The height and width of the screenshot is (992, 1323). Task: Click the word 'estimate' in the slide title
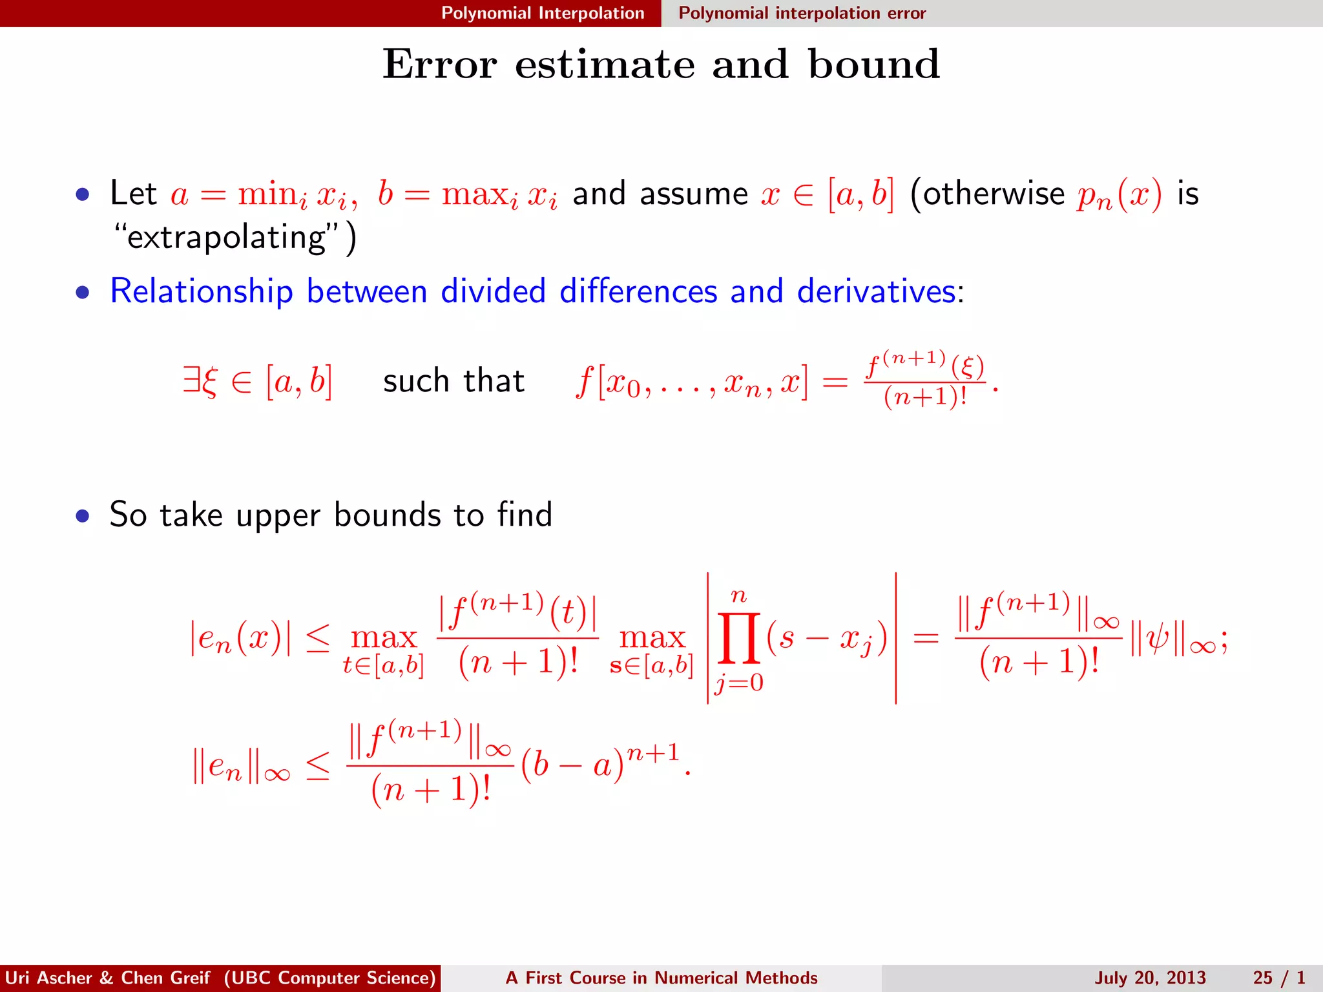(605, 65)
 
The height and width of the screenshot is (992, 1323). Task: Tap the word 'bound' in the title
(874, 65)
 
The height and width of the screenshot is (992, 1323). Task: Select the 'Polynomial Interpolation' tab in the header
(543, 13)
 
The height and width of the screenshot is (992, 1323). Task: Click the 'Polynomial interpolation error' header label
(802, 13)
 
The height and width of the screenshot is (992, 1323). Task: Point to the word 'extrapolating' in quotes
(227, 238)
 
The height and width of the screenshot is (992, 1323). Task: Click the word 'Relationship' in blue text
(202, 291)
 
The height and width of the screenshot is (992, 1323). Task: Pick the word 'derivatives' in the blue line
(876, 291)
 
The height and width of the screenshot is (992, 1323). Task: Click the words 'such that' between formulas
(453, 381)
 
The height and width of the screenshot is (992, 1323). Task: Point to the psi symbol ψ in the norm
(1159, 642)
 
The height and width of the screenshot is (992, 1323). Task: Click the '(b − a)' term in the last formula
(572, 766)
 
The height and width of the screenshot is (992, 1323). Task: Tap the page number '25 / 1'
(1279, 978)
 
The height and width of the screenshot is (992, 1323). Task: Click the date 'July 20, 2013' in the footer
(1150, 978)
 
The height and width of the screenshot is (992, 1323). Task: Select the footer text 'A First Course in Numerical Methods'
(661, 978)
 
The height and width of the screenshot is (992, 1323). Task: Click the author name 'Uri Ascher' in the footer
(49, 978)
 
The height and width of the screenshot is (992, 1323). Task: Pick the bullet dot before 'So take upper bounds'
(82, 516)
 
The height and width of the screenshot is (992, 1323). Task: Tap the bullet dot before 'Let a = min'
(82, 194)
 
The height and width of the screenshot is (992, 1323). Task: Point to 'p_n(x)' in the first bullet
(1119, 194)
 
